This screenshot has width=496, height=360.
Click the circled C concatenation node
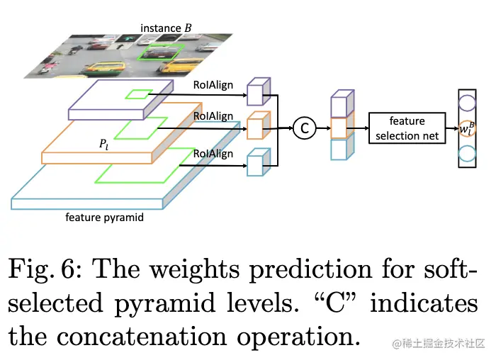pos(304,128)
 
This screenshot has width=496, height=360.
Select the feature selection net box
pos(407,128)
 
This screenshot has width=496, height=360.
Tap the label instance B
pos(167,28)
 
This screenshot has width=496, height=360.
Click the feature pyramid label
pos(104,217)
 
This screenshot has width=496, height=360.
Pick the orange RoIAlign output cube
pos(256,128)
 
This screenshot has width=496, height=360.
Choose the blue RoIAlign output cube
pos(256,164)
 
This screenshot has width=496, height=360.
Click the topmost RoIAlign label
pos(213,85)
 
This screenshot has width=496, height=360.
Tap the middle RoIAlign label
pos(213,116)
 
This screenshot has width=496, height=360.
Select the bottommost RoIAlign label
pos(213,154)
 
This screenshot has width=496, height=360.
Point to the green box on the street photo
pos(161,52)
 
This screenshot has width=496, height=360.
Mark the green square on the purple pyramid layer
pos(138,94)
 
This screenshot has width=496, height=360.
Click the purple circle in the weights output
pos(467,102)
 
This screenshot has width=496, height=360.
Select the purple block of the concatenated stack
pos(339,105)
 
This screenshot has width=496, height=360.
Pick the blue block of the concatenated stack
pos(339,149)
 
